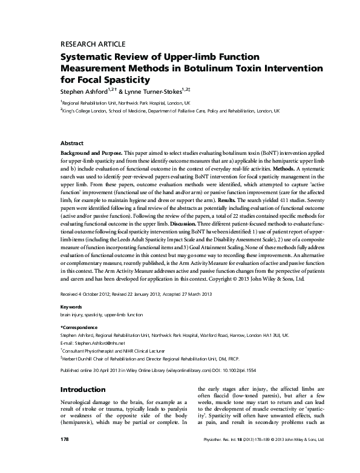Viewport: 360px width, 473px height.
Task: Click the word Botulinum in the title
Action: pos(205,68)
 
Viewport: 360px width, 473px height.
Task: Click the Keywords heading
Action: pos(73,307)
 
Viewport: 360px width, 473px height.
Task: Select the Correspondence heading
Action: pos(80,327)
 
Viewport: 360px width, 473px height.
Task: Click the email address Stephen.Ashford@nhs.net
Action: pos(94,342)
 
